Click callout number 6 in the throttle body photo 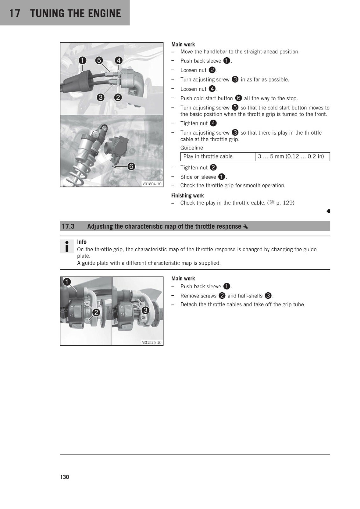pos(131,167)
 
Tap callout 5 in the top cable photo pos(99,60)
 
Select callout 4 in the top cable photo pos(118,60)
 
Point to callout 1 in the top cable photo pos(82,60)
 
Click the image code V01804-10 pos(152,184)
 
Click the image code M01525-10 pos(152,342)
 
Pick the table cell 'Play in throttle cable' pos(208,156)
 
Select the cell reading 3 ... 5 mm pos(291,156)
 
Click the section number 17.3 pos(68,226)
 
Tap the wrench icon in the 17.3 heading pos(245,227)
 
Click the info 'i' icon pos(67,246)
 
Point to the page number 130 pos(65,477)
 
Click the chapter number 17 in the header pos(15,13)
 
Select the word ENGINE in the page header pos(104,13)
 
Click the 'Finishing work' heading pos(187,196)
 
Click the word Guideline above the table pos(192,148)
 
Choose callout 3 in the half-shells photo pos(145,310)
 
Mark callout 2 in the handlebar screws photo pos(96,312)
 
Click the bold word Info pos(81,242)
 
